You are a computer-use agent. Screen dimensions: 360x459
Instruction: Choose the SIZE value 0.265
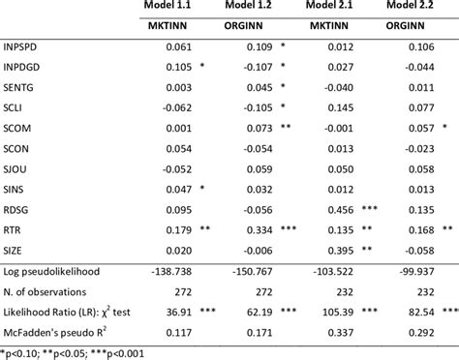point(338,249)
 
